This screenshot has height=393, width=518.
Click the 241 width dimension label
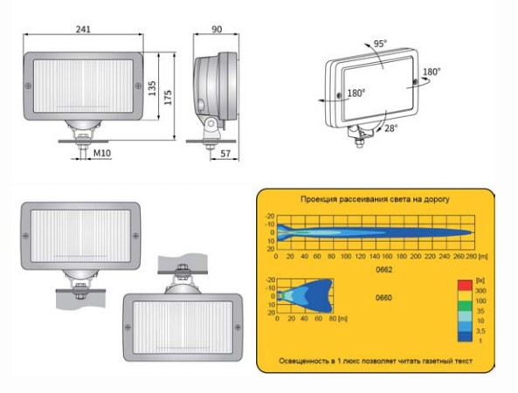pyautogui.click(x=83, y=29)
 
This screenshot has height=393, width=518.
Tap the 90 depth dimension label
pyautogui.click(x=217, y=30)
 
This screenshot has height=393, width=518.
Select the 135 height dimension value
pyautogui.click(x=152, y=88)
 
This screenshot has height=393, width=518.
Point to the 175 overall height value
pyautogui.click(x=168, y=98)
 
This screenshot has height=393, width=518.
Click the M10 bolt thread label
pyautogui.click(x=102, y=153)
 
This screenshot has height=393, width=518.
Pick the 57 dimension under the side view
pyautogui.click(x=225, y=154)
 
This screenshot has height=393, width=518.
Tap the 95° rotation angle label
pyautogui.click(x=380, y=44)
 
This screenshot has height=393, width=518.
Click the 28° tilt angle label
pyautogui.click(x=391, y=128)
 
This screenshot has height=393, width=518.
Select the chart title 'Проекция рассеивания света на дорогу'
pyautogui.click(x=375, y=199)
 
